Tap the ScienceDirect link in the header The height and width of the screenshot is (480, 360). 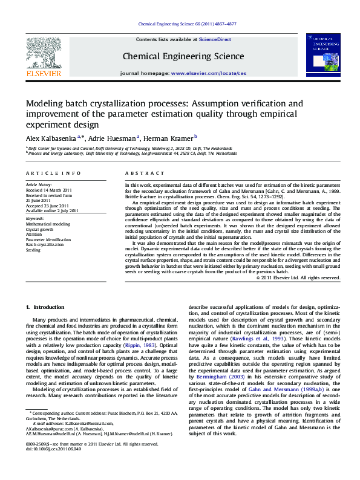point(215,39)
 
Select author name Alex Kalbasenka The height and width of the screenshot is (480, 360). point(50,138)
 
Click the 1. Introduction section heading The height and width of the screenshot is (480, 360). point(45,308)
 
